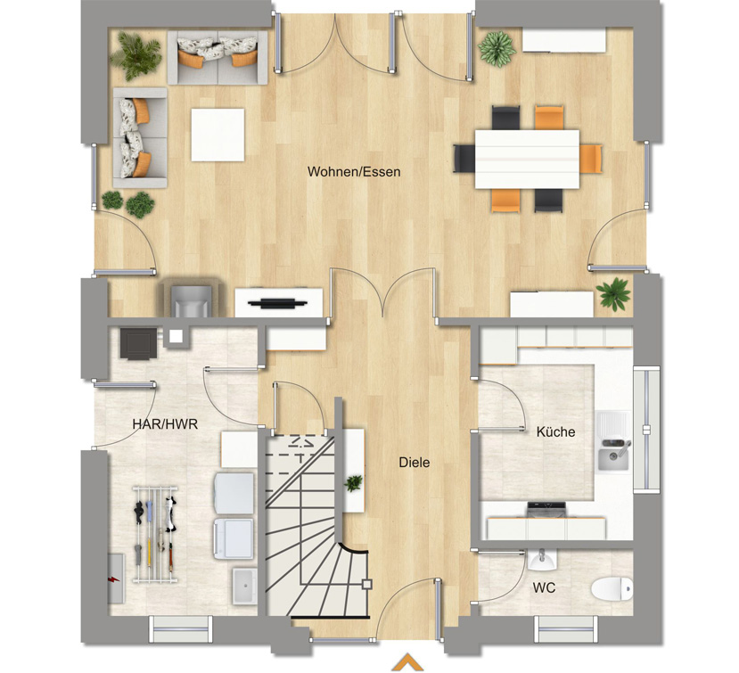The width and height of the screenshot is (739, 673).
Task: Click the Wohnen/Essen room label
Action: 354,171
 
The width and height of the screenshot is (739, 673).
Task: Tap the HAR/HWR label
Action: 165,424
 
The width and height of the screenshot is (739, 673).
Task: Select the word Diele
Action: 415,463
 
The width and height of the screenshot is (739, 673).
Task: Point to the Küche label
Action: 555,431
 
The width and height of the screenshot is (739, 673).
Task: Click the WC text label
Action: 544,587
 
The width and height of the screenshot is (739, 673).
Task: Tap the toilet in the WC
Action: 612,589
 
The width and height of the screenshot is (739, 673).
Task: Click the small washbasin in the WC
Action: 542,560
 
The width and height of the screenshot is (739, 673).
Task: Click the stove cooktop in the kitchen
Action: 546,510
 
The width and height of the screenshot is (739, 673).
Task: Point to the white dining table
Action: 527,159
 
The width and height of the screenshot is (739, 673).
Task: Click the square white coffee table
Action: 218,135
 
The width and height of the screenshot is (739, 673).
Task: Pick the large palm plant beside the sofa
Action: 135,54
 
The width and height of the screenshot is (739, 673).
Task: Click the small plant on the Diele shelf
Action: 353,483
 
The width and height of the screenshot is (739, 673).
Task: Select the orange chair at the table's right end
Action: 591,159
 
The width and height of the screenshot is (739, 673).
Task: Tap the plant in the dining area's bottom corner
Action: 613,293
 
